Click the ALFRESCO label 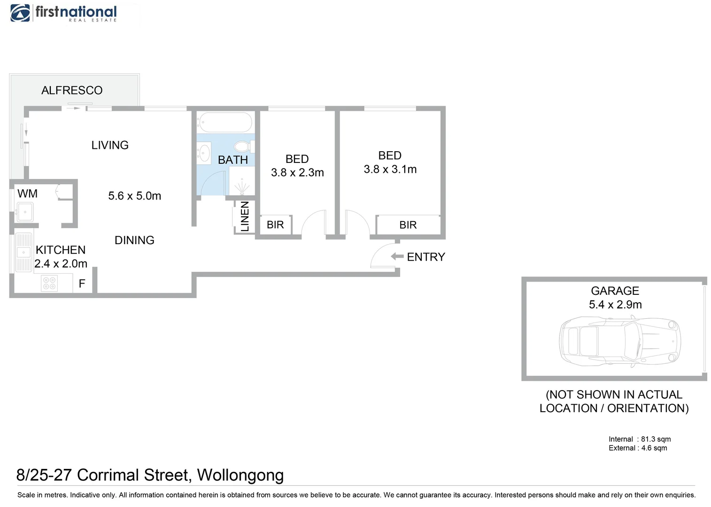[x=72, y=90]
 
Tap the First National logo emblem [x=20, y=13]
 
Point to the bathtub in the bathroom [x=225, y=123]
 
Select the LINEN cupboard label [x=245, y=216]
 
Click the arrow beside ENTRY [x=397, y=256]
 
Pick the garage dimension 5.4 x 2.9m [x=615, y=305]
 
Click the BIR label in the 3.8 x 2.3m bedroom [x=275, y=225]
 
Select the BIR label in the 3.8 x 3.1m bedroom [x=408, y=225]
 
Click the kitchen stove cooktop [x=49, y=283]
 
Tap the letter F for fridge [x=82, y=284]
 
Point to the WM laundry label [x=27, y=193]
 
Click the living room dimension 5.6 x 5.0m [x=134, y=196]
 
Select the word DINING [x=134, y=240]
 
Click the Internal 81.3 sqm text [x=640, y=439]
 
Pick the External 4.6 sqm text [x=638, y=448]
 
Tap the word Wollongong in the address [x=240, y=475]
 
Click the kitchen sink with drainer [x=23, y=253]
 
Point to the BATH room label [x=233, y=160]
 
